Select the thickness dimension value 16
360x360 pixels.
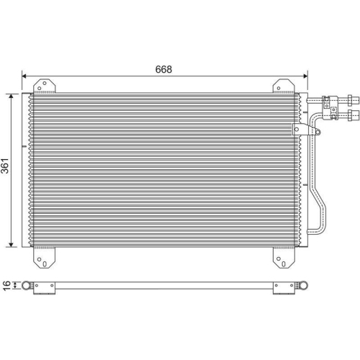click(x=6, y=287)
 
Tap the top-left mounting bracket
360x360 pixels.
click(x=45, y=86)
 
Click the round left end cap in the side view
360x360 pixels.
click(x=27, y=287)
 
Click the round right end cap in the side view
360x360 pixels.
click(x=304, y=287)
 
